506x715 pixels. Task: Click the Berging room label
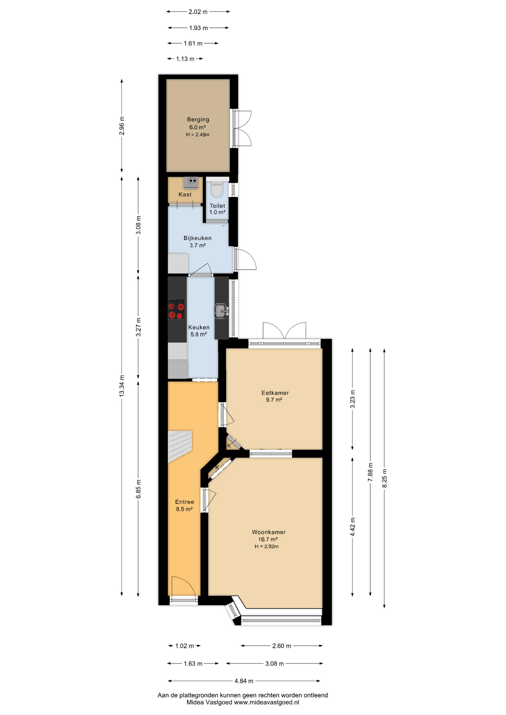198,120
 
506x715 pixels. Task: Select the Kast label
185,194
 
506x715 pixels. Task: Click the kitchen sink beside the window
221,311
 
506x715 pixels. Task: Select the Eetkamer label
275,393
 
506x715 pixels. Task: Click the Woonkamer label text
268,532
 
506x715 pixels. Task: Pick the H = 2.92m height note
266,547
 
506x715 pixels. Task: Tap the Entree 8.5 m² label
184,505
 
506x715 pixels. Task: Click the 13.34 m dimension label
122,386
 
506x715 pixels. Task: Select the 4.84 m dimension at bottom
244,681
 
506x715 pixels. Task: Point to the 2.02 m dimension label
197,12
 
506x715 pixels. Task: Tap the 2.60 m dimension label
281,646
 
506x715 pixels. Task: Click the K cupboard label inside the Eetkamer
229,445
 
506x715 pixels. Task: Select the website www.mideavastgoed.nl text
266,703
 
